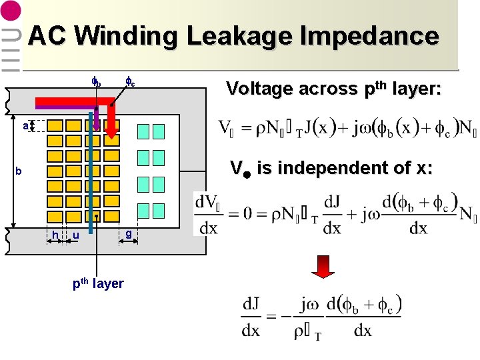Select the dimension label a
[25, 125]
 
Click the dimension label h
[55, 235]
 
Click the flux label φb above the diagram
[97, 83]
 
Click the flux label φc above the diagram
[131, 83]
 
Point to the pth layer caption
[98, 283]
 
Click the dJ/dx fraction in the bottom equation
[251, 317]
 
